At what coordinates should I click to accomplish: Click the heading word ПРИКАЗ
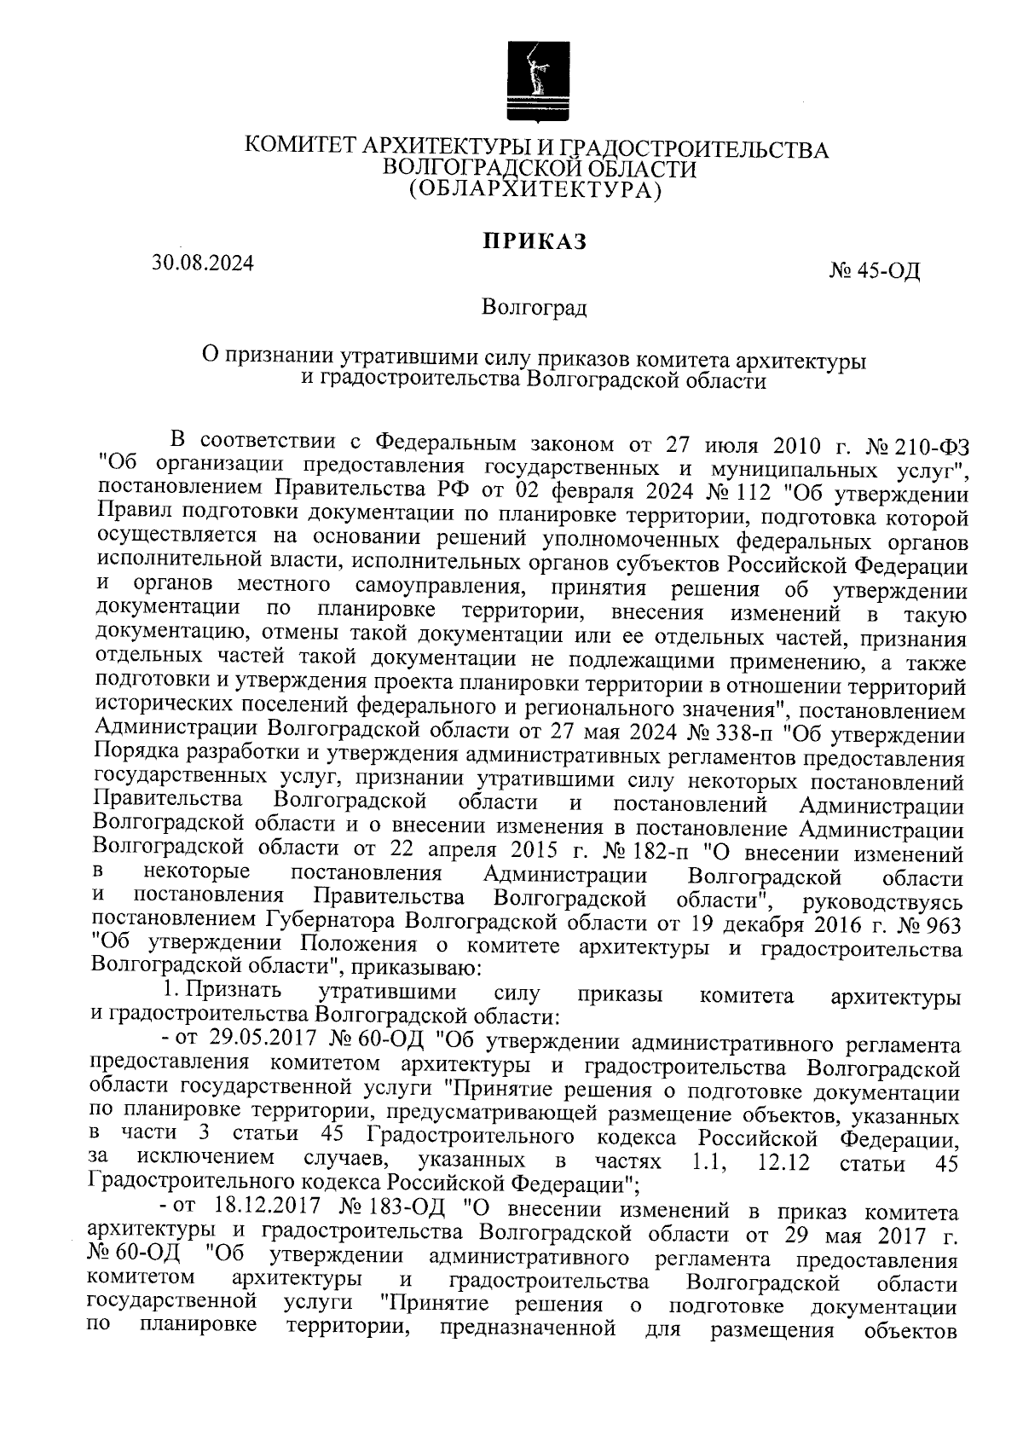click(536, 242)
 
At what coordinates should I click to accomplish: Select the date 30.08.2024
click(203, 263)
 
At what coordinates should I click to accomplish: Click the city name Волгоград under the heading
click(534, 307)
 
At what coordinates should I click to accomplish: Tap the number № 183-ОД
click(385, 1210)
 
